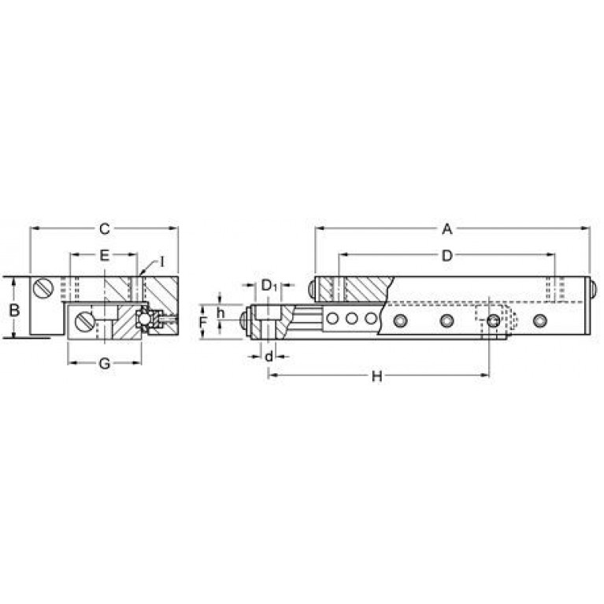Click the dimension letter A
pos(447,229)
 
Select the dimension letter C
pos(105,229)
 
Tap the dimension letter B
pos(14,309)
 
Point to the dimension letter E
pos(105,255)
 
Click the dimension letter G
pos(105,363)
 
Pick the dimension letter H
pos(376,376)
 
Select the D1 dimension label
pos(269,286)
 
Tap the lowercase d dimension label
pos(269,356)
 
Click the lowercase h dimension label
pos(220,313)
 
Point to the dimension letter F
pos(204,322)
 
